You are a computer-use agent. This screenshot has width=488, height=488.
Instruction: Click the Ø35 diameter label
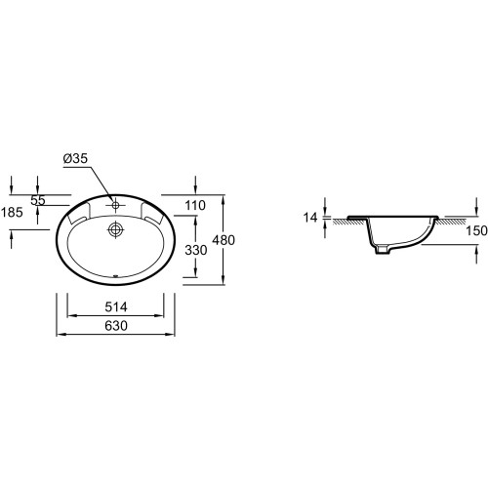[75, 158]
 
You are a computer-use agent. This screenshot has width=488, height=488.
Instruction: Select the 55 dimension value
[38, 200]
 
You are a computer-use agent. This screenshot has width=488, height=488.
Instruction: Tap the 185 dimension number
[12, 213]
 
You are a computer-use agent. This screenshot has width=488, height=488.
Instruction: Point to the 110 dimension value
[195, 205]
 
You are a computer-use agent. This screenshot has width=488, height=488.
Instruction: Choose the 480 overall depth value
[224, 240]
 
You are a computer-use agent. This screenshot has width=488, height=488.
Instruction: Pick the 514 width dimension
[116, 306]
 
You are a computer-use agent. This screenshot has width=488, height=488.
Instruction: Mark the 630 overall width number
[116, 326]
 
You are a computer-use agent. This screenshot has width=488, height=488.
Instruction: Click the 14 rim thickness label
[310, 218]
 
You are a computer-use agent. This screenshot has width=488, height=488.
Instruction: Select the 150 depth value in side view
[476, 231]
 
